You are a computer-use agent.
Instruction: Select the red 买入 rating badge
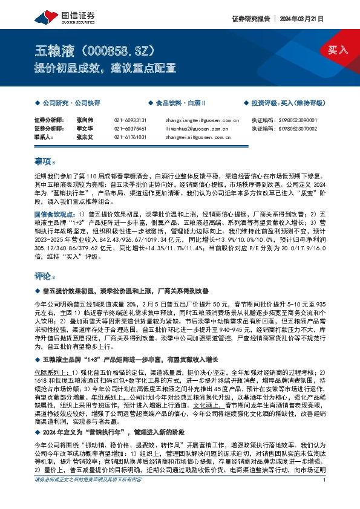coord(338,50)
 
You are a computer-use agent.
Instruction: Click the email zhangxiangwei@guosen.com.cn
coord(198,120)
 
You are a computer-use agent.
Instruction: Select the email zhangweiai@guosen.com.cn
coord(194,137)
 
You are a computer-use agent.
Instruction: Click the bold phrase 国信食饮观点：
coord(55,214)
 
